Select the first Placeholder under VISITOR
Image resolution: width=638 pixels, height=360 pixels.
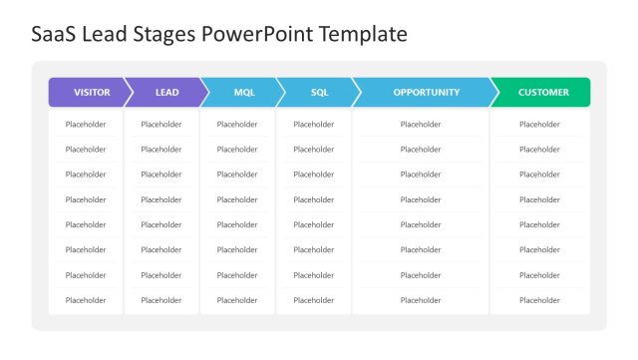(86, 125)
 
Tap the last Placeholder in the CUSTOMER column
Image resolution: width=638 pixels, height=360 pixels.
(540, 300)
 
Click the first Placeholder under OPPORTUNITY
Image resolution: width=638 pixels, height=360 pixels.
(421, 125)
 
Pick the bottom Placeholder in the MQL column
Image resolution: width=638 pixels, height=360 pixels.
(237, 300)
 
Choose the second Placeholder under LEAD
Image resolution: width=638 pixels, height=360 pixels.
(161, 150)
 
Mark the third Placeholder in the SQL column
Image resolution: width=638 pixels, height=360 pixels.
(314, 175)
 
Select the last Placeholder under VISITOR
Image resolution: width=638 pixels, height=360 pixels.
(86, 300)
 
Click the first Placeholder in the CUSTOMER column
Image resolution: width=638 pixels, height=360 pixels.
(540, 125)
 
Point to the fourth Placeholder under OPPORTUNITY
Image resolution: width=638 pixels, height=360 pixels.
(421, 199)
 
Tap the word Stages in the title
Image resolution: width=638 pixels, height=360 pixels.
(165, 35)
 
